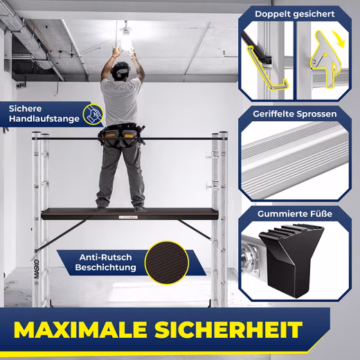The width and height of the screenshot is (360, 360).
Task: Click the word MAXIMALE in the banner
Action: coord(80,330)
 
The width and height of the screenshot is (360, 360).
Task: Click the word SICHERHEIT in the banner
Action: coord(228,330)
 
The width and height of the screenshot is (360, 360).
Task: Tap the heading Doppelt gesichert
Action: coord(295,14)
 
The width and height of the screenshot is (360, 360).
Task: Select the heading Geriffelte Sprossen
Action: coord(295,114)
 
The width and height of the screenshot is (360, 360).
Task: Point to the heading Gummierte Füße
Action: coord(295,214)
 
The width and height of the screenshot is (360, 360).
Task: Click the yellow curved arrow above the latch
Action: coord(338,38)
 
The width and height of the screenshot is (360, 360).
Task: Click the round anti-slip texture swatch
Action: coord(167,262)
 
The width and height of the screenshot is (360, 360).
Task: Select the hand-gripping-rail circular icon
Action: coord(93,114)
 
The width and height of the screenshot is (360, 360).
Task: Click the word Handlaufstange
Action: coord(44,119)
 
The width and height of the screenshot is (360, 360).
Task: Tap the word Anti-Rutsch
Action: coord(105,258)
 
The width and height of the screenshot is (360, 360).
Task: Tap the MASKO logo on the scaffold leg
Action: coord(37,269)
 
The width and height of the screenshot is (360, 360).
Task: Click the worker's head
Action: coord(121,70)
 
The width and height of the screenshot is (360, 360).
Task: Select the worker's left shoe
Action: coord(102,207)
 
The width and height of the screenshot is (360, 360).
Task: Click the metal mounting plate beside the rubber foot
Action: coord(251,258)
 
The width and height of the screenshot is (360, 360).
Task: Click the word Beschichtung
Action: coord(105,267)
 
